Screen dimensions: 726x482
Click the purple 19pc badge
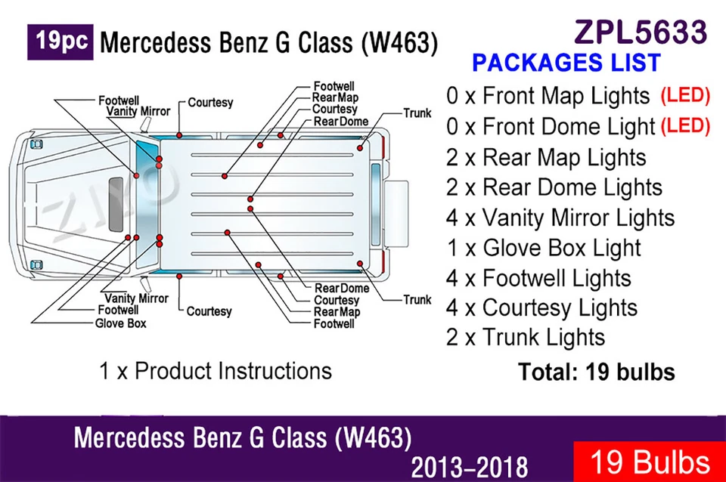point(60,42)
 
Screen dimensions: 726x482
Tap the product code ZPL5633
point(641,32)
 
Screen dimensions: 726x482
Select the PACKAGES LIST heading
point(566,63)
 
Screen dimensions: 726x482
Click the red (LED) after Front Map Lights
point(685,95)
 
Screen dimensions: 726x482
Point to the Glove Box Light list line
point(544,248)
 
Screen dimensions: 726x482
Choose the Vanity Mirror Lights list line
point(560,218)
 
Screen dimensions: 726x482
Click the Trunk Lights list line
point(526,337)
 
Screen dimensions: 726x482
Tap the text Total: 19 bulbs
point(597,372)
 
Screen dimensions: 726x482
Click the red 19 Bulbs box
point(649,462)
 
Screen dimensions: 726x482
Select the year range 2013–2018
point(470,467)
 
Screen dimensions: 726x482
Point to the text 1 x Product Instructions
point(216,371)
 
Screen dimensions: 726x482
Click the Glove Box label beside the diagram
point(121,323)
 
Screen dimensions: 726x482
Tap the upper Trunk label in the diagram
point(417,113)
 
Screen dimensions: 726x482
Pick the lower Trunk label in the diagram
point(417,300)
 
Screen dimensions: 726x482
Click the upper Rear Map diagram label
point(336,97)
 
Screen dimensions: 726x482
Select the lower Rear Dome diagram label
point(342,288)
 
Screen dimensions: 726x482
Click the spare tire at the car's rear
point(396,214)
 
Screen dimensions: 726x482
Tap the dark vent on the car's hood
point(116,204)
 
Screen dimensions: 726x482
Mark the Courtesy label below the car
point(209,311)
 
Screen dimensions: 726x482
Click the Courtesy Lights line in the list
point(541,308)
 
